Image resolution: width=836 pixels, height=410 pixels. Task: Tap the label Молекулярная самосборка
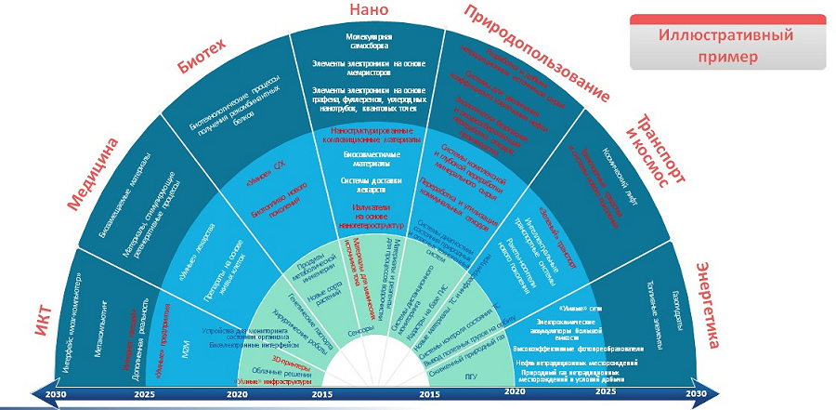[x=365, y=40]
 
